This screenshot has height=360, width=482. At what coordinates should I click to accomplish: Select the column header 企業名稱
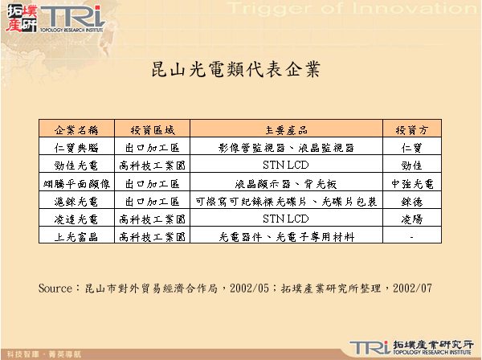tap(76, 129)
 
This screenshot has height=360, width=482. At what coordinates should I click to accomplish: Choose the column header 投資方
tap(411, 129)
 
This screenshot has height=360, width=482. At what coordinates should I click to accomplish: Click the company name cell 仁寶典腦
tap(76, 147)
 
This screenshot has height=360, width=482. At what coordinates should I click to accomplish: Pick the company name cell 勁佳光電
tap(76, 166)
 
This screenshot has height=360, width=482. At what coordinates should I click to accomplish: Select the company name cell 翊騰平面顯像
tap(76, 183)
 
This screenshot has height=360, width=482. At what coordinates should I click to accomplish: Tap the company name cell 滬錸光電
tap(76, 201)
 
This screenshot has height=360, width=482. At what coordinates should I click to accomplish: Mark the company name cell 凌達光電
tap(76, 219)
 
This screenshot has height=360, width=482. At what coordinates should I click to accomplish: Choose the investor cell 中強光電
tap(411, 183)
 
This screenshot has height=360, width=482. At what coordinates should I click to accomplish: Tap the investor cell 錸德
tap(411, 201)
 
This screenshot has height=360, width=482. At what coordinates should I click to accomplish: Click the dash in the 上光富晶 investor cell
tap(411, 237)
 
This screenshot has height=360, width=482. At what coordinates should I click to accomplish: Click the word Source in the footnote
tap(55, 287)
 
